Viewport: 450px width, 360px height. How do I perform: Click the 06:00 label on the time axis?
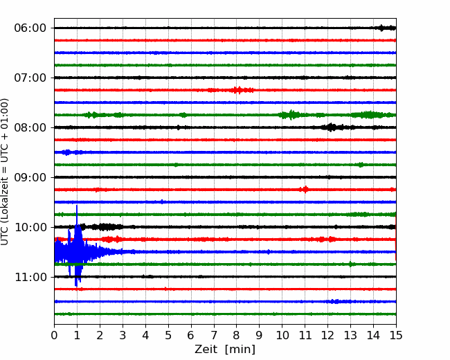(30, 28)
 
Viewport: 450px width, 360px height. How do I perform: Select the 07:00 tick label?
(30, 78)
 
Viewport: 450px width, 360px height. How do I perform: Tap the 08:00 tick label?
(30, 127)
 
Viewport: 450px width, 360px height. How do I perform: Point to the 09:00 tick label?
(30, 177)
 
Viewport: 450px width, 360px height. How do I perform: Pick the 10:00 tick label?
(30, 227)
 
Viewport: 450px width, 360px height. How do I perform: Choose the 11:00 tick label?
(30, 277)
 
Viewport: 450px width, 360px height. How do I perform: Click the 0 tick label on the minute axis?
(54, 335)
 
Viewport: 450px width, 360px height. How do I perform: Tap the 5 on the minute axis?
(168, 335)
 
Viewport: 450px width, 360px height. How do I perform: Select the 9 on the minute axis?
(259, 335)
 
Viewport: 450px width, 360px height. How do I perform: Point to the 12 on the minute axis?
(327, 335)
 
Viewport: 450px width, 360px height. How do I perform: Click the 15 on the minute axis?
(396, 335)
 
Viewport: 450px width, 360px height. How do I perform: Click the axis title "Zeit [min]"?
(225, 350)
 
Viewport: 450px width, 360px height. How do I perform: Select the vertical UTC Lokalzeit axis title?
(5, 172)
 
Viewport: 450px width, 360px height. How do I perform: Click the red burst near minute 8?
(237, 90)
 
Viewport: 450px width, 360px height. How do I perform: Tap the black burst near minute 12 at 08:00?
(332, 127)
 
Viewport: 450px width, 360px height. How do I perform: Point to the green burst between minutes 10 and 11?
(291, 115)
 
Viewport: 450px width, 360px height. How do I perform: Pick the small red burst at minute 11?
(305, 190)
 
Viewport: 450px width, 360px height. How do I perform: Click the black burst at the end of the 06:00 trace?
(385, 28)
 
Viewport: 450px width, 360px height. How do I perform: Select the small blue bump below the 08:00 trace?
(67, 152)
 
